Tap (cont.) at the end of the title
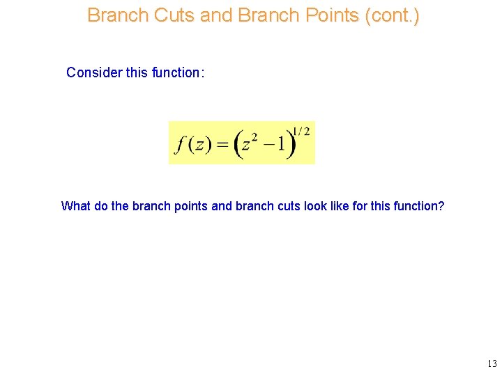pos(395,15)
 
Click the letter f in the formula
pos(181,145)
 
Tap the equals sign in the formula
pos(222,145)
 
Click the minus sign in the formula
pos(267,145)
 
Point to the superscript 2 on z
pos(255,137)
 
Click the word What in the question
pos(75,206)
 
